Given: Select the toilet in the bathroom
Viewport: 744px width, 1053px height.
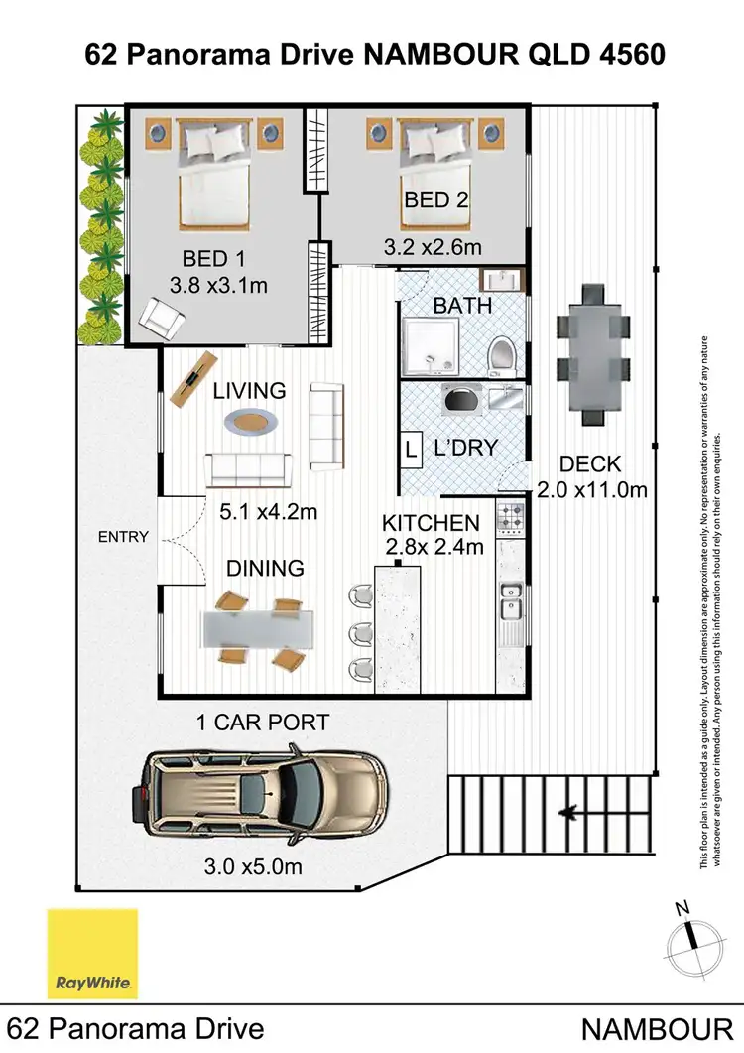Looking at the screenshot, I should pyautogui.click(x=503, y=353).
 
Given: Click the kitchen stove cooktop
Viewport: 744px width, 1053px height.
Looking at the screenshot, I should pyautogui.click(x=510, y=517).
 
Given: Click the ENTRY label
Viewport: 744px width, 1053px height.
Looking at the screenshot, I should pyautogui.click(x=123, y=537).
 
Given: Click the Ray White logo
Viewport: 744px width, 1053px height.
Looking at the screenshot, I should pyautogui.click(x=93, y=954).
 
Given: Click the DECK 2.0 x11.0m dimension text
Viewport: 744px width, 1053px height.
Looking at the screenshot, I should pyautogui.click(x=591, y=476).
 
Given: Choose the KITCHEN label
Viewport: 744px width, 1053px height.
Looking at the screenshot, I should pyautogui.click(x=432, y=523).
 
